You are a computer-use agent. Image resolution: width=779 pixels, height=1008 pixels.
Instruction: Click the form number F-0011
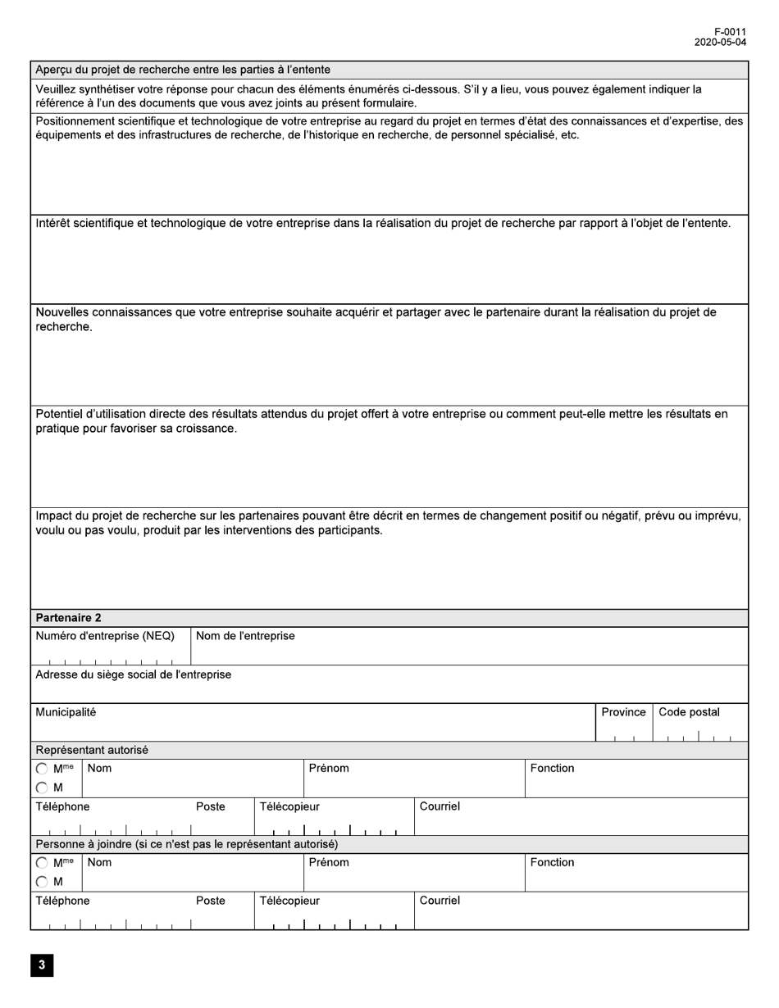point(730,32)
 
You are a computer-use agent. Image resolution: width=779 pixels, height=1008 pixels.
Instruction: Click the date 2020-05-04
point(720,43)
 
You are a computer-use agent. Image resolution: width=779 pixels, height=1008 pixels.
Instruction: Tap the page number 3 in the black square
point(42,965)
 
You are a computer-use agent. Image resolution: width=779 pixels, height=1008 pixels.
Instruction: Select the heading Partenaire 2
point(68,618)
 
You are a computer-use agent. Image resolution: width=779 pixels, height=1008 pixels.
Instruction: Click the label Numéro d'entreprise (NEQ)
point(105,636)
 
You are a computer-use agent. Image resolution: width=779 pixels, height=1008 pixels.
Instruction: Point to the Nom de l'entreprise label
point(245,636)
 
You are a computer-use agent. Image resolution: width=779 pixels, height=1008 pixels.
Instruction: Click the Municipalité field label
point(66,712)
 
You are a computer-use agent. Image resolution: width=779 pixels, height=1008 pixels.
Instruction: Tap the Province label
point(623,712)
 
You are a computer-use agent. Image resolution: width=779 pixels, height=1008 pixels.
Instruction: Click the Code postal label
point(689,712)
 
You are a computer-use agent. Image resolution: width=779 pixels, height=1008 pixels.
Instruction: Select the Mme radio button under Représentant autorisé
point(42,770)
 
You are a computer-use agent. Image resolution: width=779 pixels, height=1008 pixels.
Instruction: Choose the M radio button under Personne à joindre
point(42,882)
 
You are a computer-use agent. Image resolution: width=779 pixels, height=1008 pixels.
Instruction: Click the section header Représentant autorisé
point(92,750)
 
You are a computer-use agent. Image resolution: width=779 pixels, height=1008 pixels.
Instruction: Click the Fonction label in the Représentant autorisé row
point(552,768)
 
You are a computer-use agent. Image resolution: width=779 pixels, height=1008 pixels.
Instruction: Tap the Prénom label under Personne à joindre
point(329,862)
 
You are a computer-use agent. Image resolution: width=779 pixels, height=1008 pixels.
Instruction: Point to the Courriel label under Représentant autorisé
point(440,806)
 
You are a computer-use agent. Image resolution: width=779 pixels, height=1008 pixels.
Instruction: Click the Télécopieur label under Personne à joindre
point(289,901)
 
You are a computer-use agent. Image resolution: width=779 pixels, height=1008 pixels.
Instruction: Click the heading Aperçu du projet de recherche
point(182,70)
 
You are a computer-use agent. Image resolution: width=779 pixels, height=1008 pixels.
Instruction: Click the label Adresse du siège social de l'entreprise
point(133,674)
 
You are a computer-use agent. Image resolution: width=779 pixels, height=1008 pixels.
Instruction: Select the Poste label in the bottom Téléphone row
point(211,901)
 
